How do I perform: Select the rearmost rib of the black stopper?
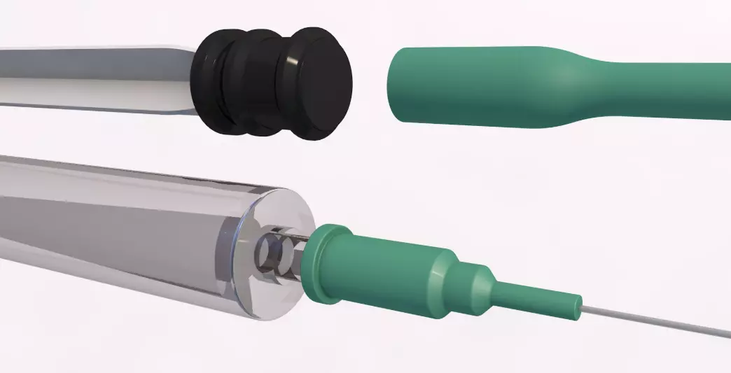[x=209, y=82]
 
